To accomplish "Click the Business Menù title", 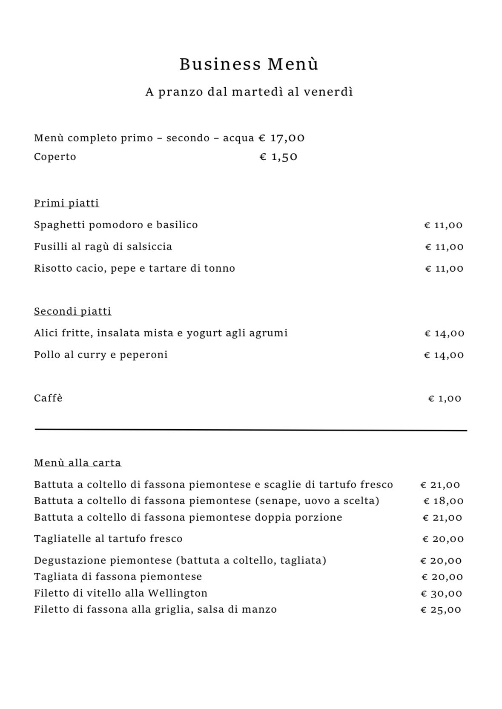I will click(249, 64).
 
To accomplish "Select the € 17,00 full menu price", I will click(281, 138).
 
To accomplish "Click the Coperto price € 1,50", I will click(278, 157).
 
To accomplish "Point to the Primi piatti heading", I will click(66, 203).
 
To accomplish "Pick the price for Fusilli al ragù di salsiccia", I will click(444, 247).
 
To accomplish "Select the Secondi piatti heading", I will click(72, 311).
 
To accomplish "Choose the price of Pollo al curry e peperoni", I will click(444, 355).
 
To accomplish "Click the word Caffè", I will click(48, 398).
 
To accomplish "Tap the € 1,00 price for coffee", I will click(445, 399).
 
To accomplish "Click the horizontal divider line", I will click(251, 430).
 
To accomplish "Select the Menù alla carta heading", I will click(77, 463).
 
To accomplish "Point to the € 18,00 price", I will click(443, 501).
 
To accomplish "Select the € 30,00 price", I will click(441, 594).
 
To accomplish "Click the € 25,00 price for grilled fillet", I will click(441, 610).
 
